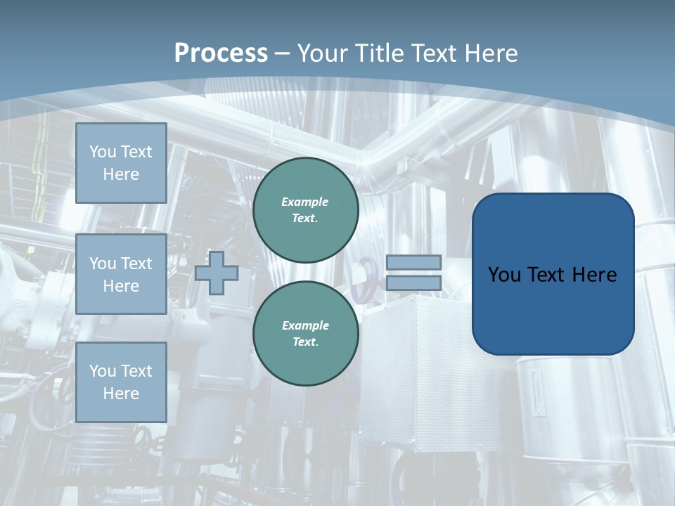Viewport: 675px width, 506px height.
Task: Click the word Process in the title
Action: tap(221, 53)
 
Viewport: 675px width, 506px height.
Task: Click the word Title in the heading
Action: tap(381, 53)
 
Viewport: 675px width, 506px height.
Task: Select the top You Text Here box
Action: tap(121, 163)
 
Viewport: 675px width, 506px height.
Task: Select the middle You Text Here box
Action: tap(121, 274)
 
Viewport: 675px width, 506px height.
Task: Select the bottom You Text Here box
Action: tap(121, 382)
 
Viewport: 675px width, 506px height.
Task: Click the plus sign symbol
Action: tap(217, 273)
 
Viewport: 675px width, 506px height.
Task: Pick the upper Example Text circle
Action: tap(305, 210)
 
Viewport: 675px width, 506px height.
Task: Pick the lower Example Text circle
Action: tap(305, 334)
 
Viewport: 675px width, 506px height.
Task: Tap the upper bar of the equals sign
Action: tap(413, 262)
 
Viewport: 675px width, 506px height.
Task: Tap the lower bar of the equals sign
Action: tap(413, 283)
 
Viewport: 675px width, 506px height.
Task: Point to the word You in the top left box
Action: tap(103, 152)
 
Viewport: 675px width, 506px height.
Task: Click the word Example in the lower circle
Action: tap(305, 325)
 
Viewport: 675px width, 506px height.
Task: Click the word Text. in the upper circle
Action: tap(305, 219)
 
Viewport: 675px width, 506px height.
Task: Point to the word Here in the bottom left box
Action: tap(121, 394)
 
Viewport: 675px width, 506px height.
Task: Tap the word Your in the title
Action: tap(324, 53)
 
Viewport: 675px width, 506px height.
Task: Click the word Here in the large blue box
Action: tap(594, 275)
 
